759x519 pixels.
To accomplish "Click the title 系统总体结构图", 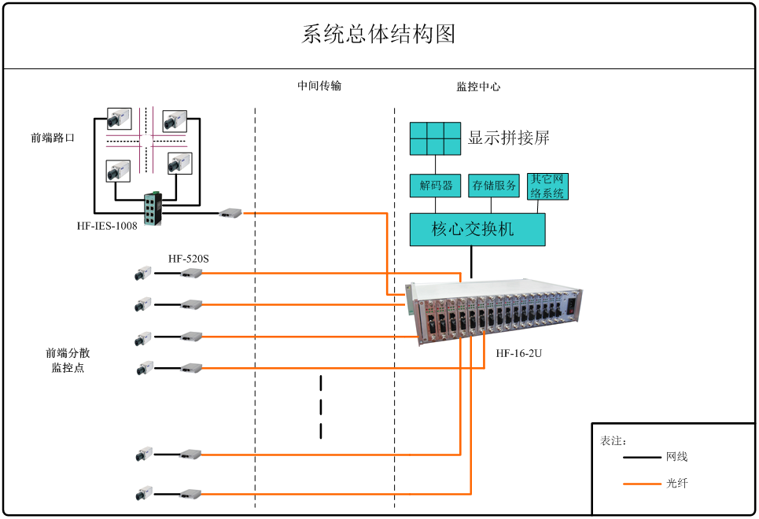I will tap(378, 35).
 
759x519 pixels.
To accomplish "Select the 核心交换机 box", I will tap(477, 230).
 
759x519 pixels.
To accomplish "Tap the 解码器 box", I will tap(436, 186).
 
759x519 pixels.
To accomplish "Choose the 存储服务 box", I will tap(494, 186).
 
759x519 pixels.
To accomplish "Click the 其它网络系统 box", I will tap(547, 186).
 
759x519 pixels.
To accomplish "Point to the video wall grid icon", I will tap(435, 138).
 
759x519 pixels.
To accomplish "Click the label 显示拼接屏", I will tap(508, 138).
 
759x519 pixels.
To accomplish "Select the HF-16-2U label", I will tap(518, 353).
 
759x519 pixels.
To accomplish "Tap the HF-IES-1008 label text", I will tap(107, 226).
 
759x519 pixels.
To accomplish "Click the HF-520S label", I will tap(189, 259).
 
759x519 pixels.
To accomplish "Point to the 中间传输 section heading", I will tap(319, 86).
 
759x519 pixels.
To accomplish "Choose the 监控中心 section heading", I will tap(478, 86).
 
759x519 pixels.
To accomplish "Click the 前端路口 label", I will tap(53, 138).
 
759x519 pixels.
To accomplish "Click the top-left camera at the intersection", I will tap(120, 119).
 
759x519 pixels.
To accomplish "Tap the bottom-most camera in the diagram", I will tap(143, 493).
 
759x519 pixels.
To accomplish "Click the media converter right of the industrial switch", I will tap(230, 212).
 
